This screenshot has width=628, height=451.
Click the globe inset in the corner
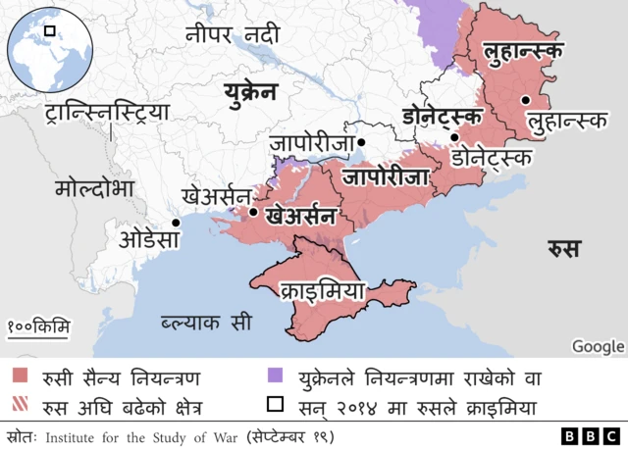click(x=49, y=48)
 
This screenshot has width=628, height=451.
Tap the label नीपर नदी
click(x=233, y=36)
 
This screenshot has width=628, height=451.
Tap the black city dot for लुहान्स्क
click(x=527, y=99)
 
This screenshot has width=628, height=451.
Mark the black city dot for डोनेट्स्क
click(x=454, y=137)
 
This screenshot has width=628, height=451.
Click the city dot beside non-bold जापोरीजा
click(x=361, y=142)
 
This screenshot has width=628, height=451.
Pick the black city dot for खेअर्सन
click(x=253, y=212)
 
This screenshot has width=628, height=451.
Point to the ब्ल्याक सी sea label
click(x=206, y=322)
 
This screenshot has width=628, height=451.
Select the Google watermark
click(x=598, y=345)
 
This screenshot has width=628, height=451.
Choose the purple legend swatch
click(x=276, y=376)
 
